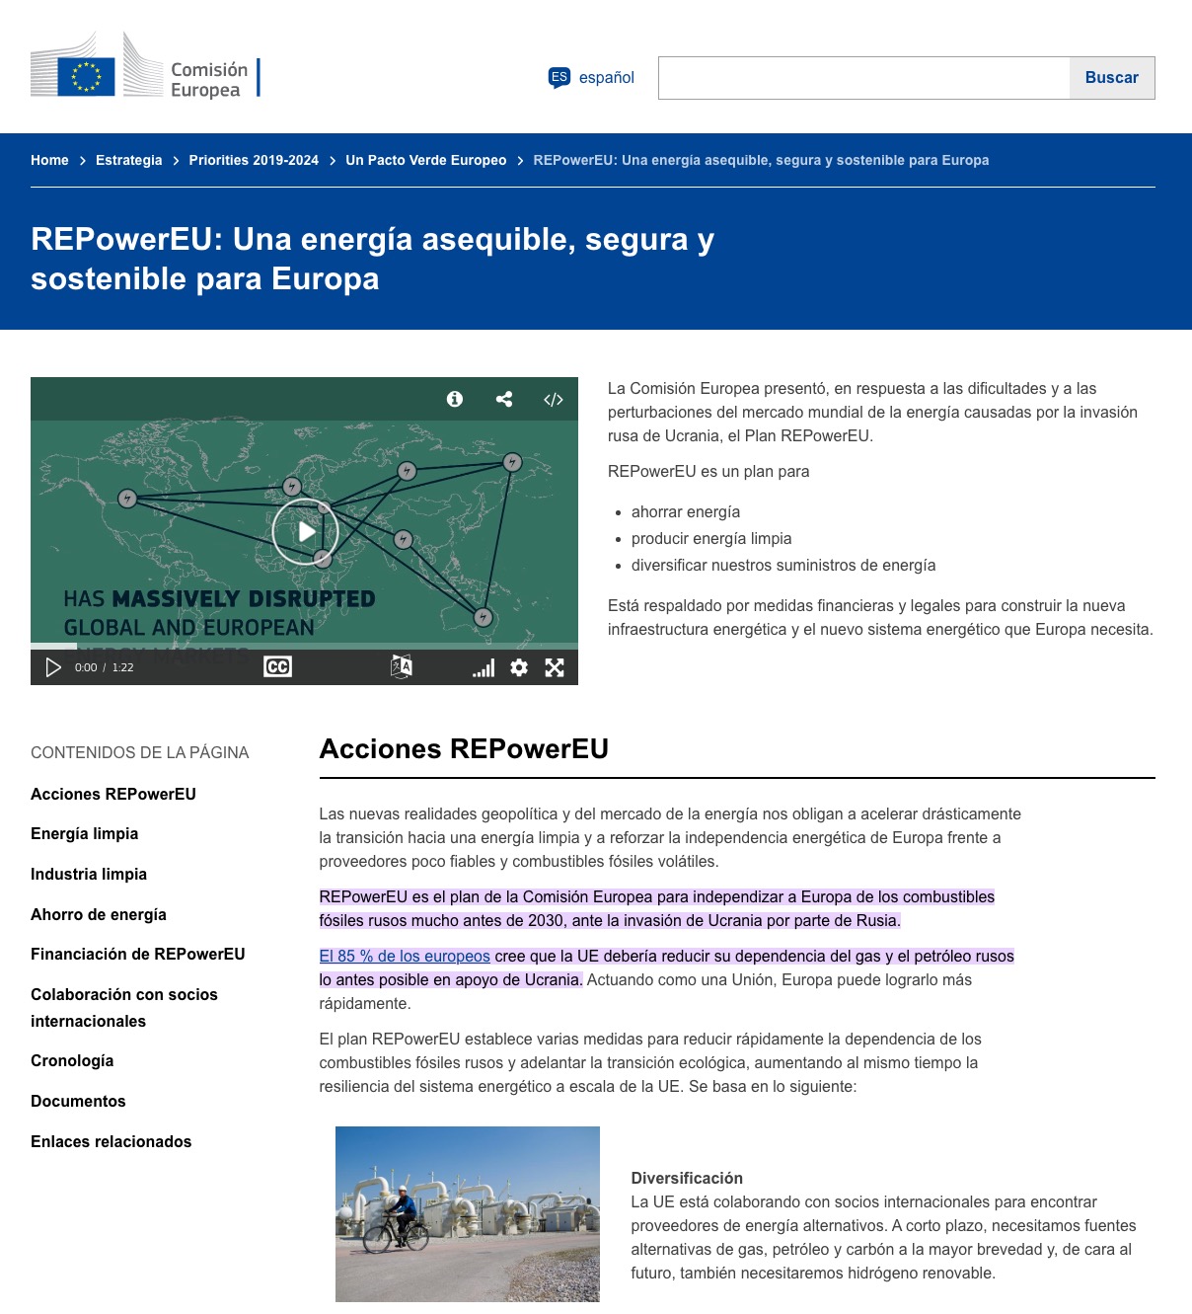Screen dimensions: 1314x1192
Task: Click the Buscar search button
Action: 1111,78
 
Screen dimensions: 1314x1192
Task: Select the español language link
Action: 606,78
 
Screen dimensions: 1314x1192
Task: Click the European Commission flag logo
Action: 87,75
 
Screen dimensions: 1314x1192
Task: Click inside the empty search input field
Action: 863,78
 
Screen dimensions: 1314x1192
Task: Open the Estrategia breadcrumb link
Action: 128,160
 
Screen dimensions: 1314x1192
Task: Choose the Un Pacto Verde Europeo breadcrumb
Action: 425,160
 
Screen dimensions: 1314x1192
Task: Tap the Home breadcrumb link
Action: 49,160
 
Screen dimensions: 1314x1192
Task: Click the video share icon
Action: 504,399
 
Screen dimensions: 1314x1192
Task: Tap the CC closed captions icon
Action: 277,667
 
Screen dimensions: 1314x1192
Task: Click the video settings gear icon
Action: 519,667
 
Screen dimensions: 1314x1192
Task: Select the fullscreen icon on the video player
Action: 555,667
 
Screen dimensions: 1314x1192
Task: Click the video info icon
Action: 455,399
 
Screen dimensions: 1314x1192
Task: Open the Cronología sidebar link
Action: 72,1061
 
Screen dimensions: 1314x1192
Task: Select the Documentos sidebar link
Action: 78,1102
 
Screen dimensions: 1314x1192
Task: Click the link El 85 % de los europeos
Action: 405,956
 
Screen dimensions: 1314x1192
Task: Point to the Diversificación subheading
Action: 687,1178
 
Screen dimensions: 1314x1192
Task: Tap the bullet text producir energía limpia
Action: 711,539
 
